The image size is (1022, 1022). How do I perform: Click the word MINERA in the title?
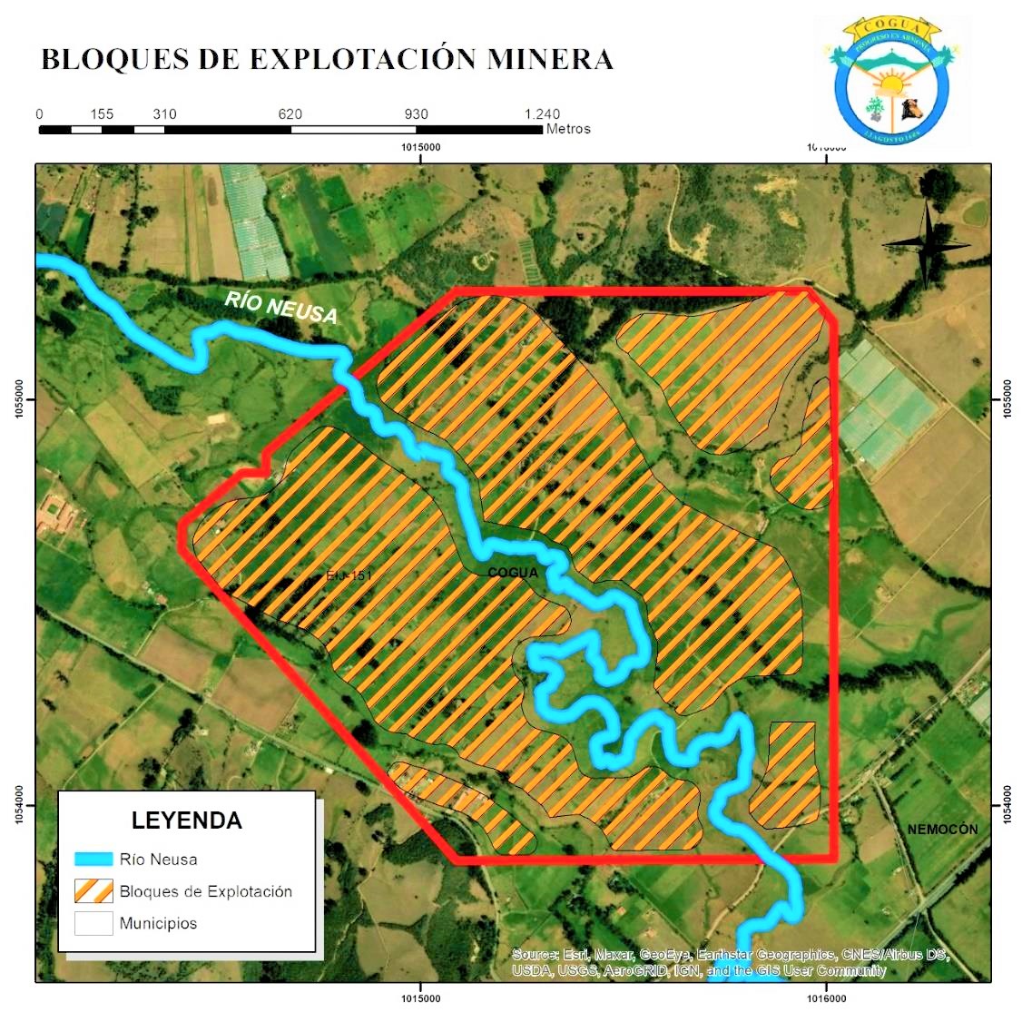[550, 60]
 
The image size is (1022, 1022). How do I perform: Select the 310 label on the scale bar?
[164, 114]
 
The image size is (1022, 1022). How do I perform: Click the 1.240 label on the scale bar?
[542, 114]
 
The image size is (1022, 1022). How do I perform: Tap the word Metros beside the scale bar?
[568, 130]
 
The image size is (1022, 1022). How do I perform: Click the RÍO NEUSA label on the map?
[281, 307]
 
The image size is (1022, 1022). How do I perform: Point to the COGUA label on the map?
[513, 573]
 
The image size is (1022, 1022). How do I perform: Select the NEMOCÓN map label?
[942, 830]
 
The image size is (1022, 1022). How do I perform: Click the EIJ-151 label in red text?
[349, 575]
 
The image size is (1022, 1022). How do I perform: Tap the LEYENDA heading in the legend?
[187, 821]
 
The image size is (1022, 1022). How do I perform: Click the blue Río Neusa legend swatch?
[93, 859]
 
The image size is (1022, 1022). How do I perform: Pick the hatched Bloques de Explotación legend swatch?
[93, 891]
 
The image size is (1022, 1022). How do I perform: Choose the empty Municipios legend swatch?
[93, 923]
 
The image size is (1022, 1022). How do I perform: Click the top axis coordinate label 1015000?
[420, 147]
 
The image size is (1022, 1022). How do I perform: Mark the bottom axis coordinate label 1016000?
[826, 998]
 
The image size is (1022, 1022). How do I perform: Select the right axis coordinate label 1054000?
[1007, 805]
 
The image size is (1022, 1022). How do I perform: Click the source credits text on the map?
[730, 962]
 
